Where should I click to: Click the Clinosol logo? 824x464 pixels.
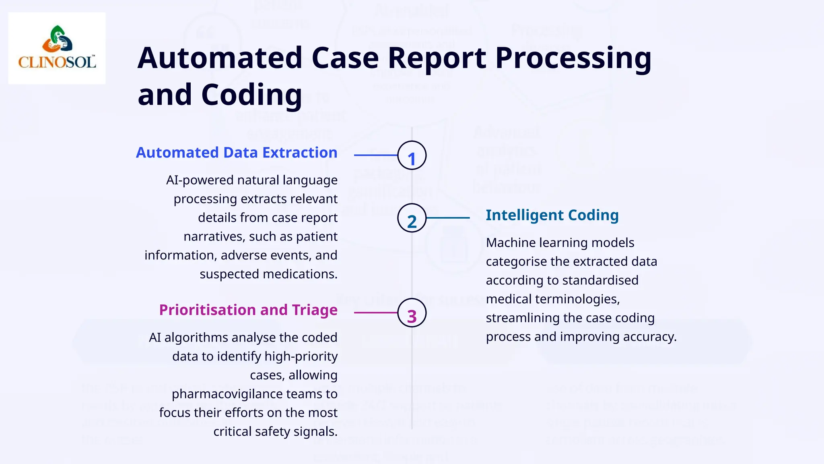click(57, 48)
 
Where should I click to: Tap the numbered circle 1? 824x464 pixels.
click(412, 155)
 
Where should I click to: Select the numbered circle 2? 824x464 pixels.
click(412, 218)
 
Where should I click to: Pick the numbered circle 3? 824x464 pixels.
click(412, 313)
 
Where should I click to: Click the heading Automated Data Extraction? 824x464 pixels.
click(237, 153)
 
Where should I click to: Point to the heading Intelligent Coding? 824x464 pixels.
click(552, 215)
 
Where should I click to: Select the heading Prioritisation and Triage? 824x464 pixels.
click(248, 310)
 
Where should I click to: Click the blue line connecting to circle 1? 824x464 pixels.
click(375, 155)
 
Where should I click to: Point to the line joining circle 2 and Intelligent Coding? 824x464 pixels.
click(448, 218)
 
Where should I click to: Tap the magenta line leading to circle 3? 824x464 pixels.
click(375, 313)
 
